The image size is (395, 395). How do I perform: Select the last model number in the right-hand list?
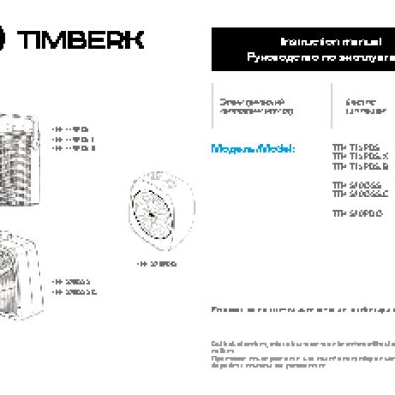point(352,212)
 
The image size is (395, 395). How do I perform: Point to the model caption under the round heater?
point(157,265)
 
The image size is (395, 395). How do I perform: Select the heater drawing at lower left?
point(20,267)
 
